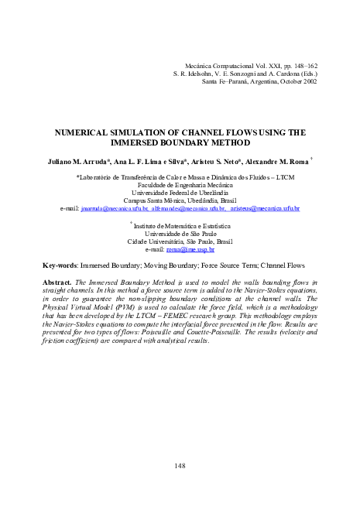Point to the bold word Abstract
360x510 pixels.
click(x=57, y=262)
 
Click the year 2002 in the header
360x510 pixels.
click(x=308, y=80)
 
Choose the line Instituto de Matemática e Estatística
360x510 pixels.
click(x=180, y=205)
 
